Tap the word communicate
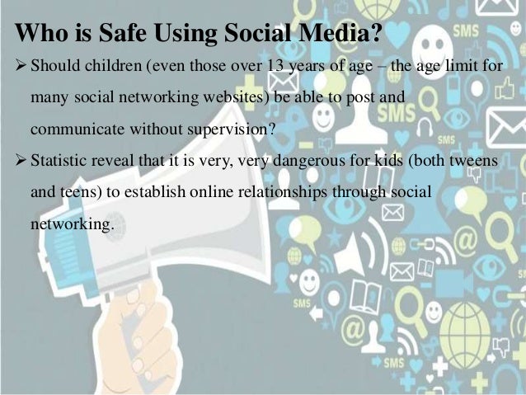[69, 129]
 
